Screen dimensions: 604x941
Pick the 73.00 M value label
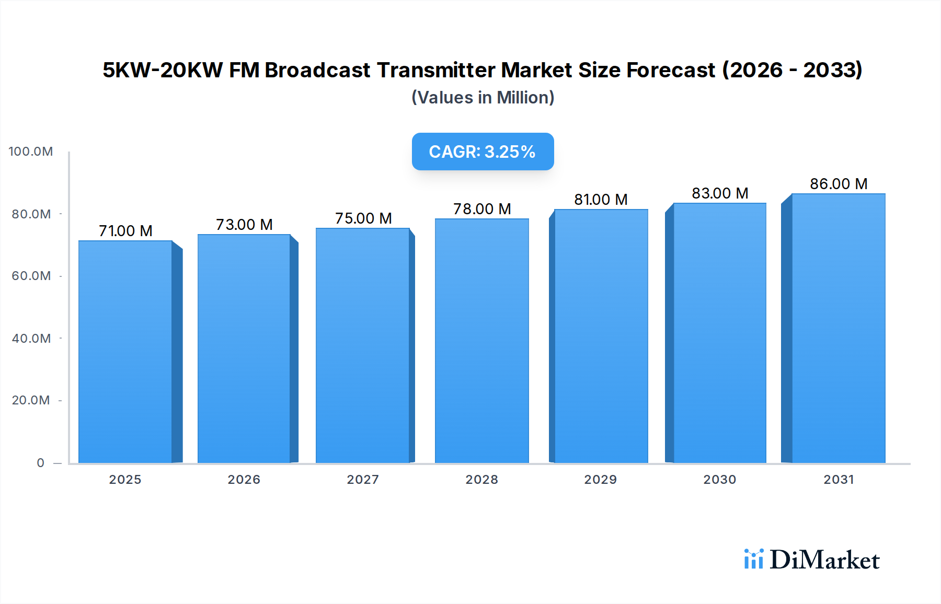tap(244, 225)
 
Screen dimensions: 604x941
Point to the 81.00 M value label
tap(601, 200)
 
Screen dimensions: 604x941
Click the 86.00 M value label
tap(839, 184)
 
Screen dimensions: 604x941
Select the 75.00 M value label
tap(363, 218)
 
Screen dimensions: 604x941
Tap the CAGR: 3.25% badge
tap(483, 152)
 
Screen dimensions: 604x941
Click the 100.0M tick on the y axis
tap(31, 152)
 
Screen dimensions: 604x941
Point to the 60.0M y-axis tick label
tap(31, 276)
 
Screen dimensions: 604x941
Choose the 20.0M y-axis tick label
tap(31, 400)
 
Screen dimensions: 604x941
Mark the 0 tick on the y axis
tap(40, 463)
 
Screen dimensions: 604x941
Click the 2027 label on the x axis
tap(363, 480)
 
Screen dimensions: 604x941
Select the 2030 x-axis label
tap(719, 480)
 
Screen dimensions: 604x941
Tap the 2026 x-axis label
tap(244, 480)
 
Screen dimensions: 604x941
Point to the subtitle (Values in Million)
tap(483, 98)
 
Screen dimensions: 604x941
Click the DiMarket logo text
tap(824, 560)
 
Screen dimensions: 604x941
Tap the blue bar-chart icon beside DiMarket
tap(753, 559)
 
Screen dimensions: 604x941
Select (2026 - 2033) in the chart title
tap(792, 70)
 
